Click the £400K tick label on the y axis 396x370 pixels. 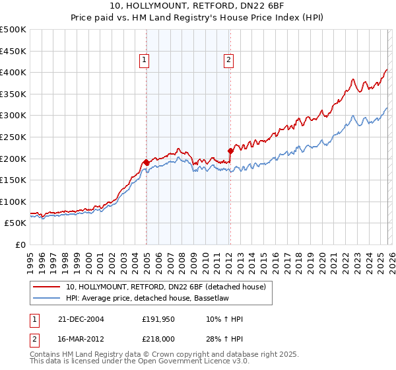click(13, 72)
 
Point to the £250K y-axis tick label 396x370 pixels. click(13, 137)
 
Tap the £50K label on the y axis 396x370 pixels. click(16, 223)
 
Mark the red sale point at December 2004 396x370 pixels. click(146, 162)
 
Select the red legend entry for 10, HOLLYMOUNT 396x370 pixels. click(166, 286)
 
